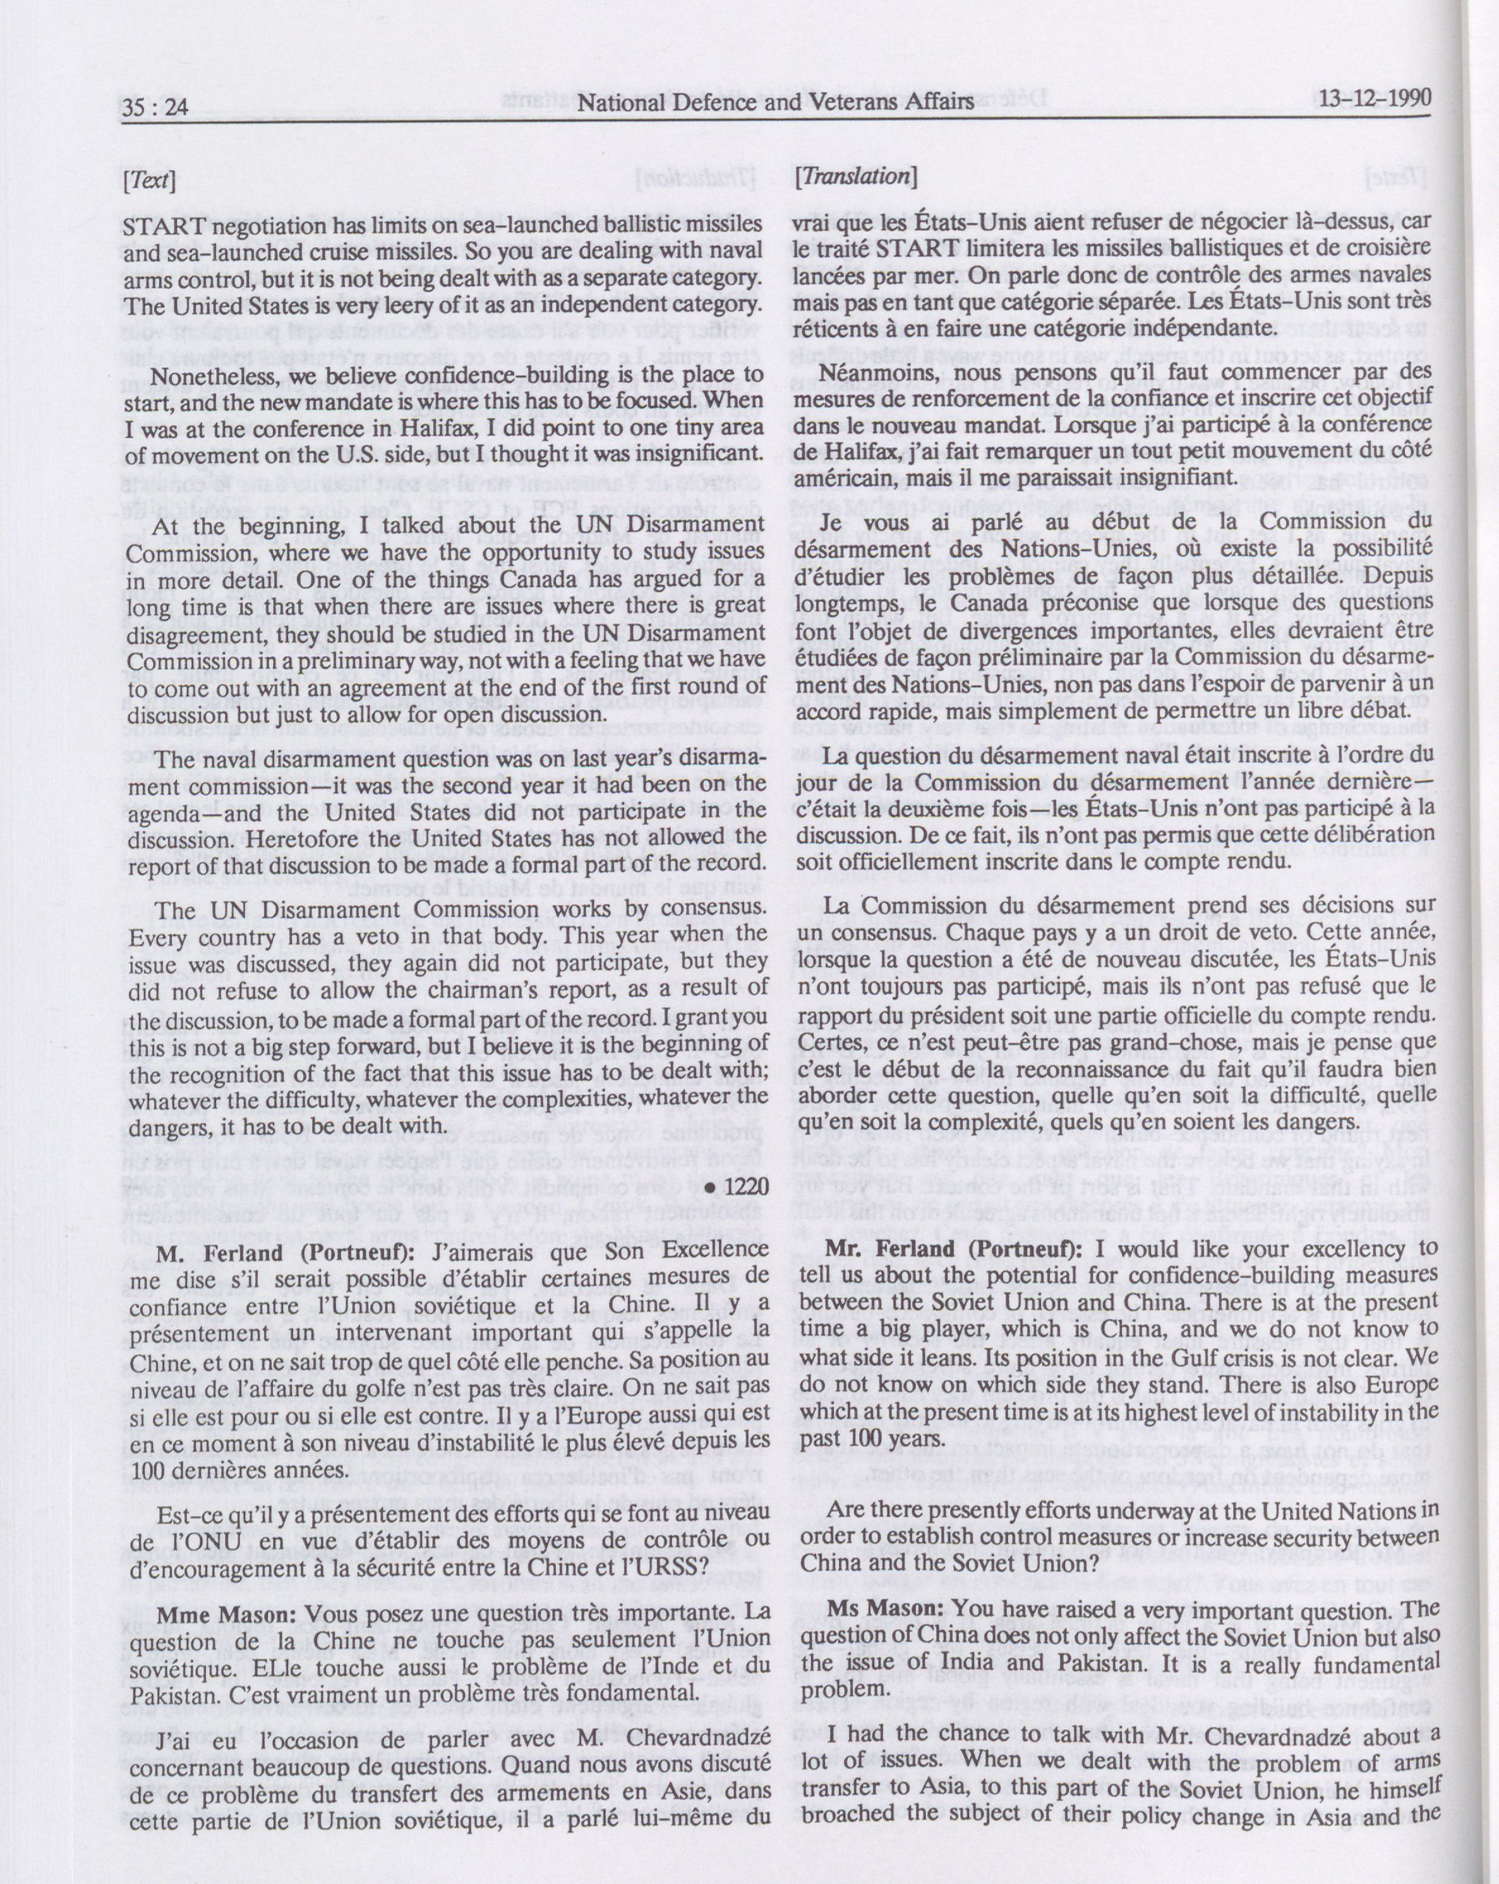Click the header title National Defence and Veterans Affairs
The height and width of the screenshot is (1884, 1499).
click(x=776, y=103)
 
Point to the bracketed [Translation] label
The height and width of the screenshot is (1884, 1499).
click(x=855, y=176)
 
